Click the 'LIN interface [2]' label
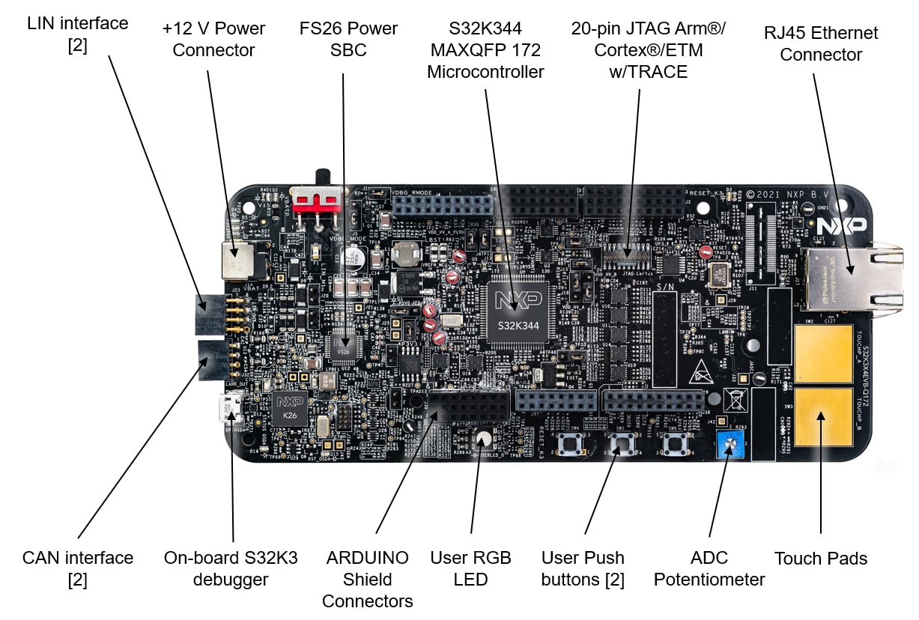pyautogui.click(x=78, y=34)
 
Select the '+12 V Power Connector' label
pyautogui.click(x=213, y=40)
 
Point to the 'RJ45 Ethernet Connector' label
pyautogui.click(x=821, y=43)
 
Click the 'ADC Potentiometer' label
pyautogui.click(x=709, y=569)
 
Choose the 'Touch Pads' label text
pyautogui.click(x=821, y=559)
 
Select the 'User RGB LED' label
pyautogui.click(x=470, y=569)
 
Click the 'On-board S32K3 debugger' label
pyautogui.click(x=216, y=569)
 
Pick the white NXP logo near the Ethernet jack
pyautogui.click(x=841, y=225)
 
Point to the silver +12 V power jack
pyautogui.click(x=237, y=259)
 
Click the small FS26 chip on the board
pyautogui.click(x=345, y=346)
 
